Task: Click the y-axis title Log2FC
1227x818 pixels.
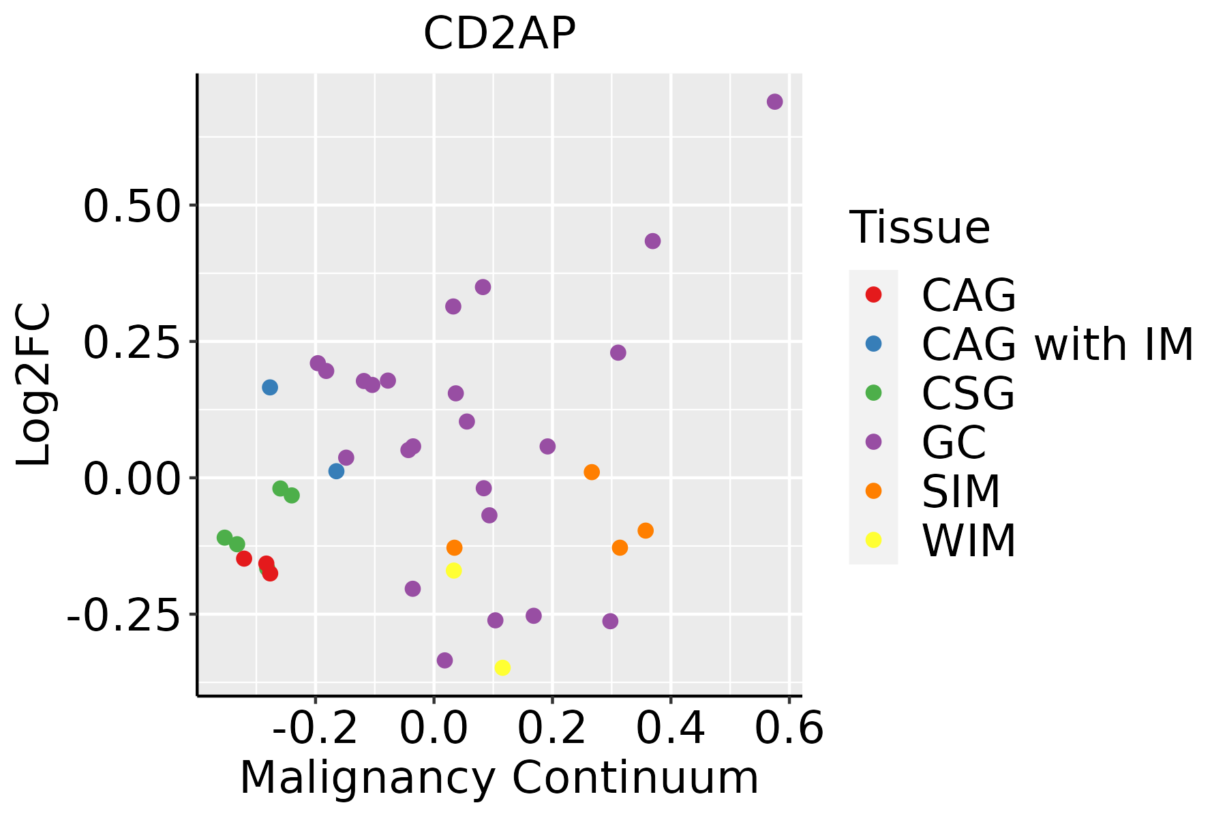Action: pyautogui.click(x=34, y=384)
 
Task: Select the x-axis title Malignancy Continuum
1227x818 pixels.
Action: pyautogui.click(x=499, y=778)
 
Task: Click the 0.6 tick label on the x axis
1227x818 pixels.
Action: pyautogui.click(x=789, y=729)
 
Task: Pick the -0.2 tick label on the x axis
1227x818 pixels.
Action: pyautogui.click(x=315, y=729)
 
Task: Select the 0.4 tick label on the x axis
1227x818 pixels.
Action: pyautogui.click(x=671, y=729)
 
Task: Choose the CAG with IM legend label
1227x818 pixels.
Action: pyautogui.click(x=1057, y=344)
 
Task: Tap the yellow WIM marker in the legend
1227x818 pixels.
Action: pyautogui.click(x=873, y=540)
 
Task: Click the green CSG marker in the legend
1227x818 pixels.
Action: pyautogui.click(x=873, y=393)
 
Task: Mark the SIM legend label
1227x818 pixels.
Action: pyautogui.click(x=961, y=491)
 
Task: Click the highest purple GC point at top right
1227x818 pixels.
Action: pyautogui.click(x=774, y=102)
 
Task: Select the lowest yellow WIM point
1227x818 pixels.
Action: pyautogui.click(x=502, y=667)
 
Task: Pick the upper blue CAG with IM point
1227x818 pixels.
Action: pyautogui.click(x=270, y=387)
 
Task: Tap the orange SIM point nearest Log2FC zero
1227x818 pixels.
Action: pyautogui.click(x=592, y=472)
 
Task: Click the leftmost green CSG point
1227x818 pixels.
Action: pyautogui.click(x=225, y=538)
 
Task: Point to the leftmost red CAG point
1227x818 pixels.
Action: pyautogui.click(x=244, y=558)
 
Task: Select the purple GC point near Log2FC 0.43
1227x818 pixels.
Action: pyautogui.click(x=652, y=241)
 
